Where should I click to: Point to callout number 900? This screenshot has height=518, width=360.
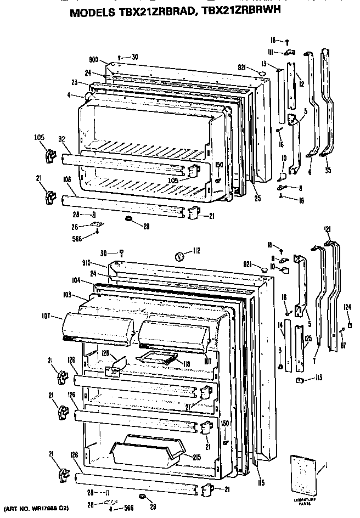[92, 60]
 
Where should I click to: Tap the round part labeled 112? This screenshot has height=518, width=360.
[178, 256]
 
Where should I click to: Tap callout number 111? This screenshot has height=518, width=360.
[271, 52]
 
